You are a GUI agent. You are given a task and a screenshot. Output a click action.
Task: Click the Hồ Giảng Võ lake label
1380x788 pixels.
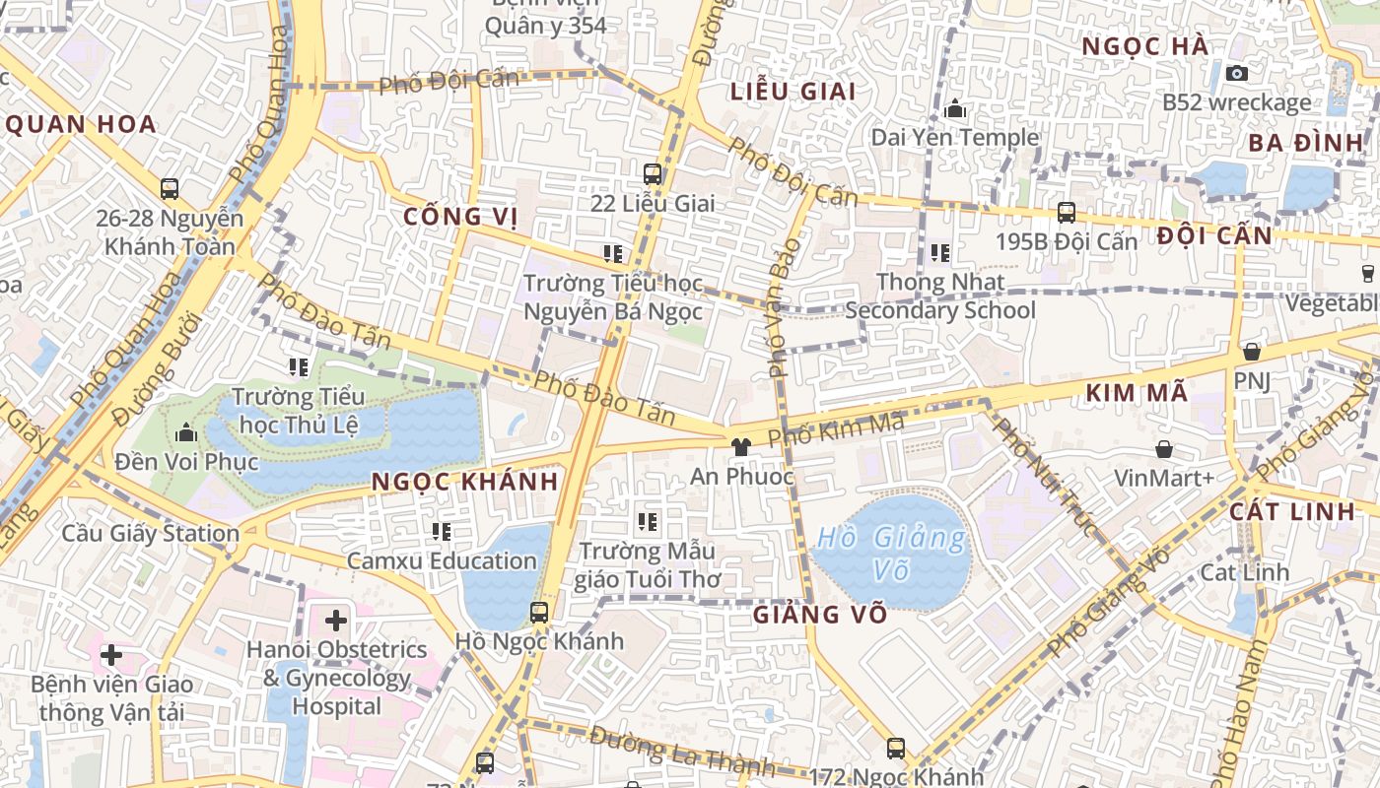point(891,554)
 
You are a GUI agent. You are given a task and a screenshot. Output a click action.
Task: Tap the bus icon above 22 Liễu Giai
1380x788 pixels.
point(652,174)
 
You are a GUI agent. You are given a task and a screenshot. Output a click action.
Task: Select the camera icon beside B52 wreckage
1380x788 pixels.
point(1236,73)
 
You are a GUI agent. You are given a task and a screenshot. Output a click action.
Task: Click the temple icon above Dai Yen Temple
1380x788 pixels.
point(954,108)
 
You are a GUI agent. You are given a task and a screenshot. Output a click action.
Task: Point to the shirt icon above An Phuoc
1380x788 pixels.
point(741,446)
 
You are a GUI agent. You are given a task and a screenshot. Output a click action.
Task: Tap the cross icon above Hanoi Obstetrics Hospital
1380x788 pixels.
point(336,621)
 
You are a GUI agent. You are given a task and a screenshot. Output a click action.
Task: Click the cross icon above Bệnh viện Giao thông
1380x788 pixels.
point(111,654)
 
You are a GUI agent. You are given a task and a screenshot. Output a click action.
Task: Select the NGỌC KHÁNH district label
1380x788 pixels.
point(466,482)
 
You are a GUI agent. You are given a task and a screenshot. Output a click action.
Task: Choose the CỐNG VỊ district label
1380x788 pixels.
point(460,217)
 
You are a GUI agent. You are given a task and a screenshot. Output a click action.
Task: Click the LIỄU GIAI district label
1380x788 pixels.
point(793,92)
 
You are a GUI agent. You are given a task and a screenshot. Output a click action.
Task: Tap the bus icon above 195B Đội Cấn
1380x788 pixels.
point(1066,212)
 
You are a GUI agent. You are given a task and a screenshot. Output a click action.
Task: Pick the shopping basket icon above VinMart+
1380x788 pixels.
point(1164,449)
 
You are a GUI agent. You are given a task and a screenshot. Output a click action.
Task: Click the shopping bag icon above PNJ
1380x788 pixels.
point(1252,351)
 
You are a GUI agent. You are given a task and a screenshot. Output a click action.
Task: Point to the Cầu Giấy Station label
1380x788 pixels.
point(151,533)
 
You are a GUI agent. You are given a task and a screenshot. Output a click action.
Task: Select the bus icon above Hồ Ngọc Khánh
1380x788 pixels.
point(538,612)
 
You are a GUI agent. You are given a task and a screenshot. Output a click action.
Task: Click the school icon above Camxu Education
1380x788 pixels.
point(442,532)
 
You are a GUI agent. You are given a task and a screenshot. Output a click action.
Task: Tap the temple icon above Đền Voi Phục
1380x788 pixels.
point(186,432)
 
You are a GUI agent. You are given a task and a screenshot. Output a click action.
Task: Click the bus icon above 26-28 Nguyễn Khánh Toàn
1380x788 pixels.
point(170,188)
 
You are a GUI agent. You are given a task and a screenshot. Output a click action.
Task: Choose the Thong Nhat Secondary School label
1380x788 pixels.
point(940,296)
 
